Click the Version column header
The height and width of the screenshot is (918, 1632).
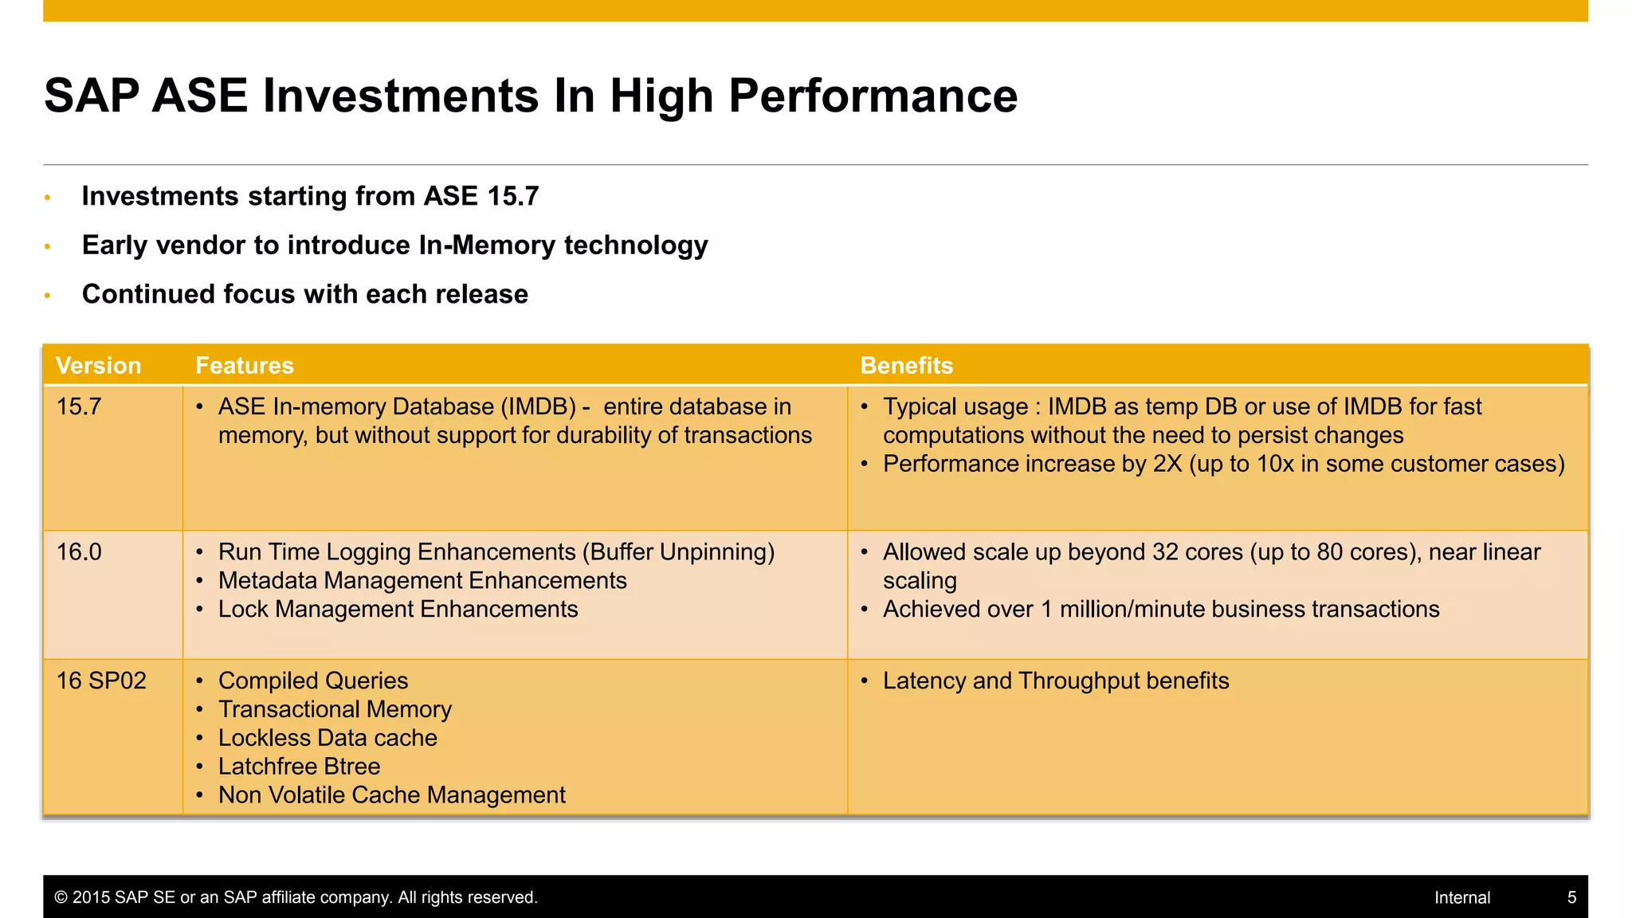pyautogui.click(x=98, y=366)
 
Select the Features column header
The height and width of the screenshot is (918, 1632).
pyautogui.click(x=245, y=366)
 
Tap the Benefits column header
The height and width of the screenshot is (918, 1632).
pyautogui.click(x=906, y=366)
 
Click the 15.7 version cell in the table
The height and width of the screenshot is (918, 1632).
pyautogui.click(x=79, y=407)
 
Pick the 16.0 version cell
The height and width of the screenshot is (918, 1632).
pyautogui.click(x=79, y=552)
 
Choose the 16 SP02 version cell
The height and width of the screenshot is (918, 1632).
pyautogui.click(x=101, y=681)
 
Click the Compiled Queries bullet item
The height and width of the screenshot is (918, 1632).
pyautogui.click(x=312, y=681)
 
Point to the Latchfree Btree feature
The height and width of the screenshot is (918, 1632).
pyautogui.click(x=299, y=767)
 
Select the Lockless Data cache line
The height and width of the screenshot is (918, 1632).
pyautogui.click(x=328, y=738)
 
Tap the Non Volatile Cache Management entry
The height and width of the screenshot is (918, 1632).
pyautogui.click(x=391, y=795)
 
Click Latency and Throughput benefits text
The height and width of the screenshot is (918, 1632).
pyautogui.click(x=1055, y=681)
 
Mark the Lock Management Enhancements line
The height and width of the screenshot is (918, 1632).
pyautogui.click(x=398, y=610)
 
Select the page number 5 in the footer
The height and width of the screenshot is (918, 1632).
pyautogui.click(x=1571, y=898)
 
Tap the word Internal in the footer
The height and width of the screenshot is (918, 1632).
pyautogui.click(x=1461, y=898)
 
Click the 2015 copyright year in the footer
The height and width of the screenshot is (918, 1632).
pyautogui.click(x=91, y=898)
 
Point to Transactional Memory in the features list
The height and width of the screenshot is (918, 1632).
pyautogui.click(x=335, y=709)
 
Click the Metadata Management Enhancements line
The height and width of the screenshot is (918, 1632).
pyautogui.click(x=422, y=581)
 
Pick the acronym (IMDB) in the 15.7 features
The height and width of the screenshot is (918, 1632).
pyautogui.click(x=538, y=407)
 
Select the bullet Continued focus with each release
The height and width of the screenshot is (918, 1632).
pyautogui.click(x=304, y=295)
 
